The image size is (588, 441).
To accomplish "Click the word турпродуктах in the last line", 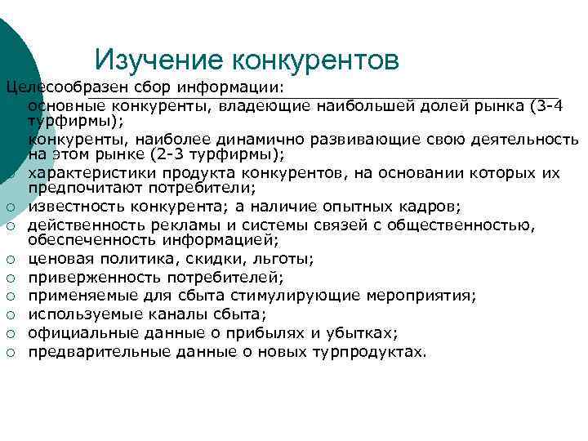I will (x=367, y=352).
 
